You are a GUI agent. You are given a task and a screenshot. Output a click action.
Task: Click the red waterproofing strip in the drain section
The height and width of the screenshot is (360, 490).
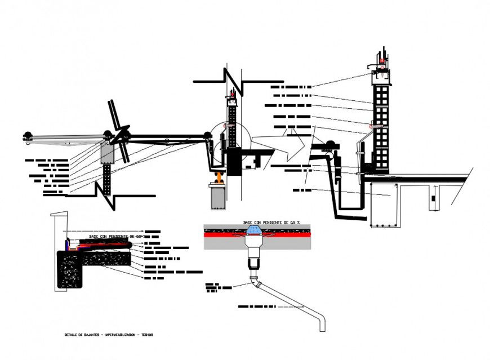click(225, 237)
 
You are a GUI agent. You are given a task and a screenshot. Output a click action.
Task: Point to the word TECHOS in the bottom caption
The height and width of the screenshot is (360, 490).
click(146, 335)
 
